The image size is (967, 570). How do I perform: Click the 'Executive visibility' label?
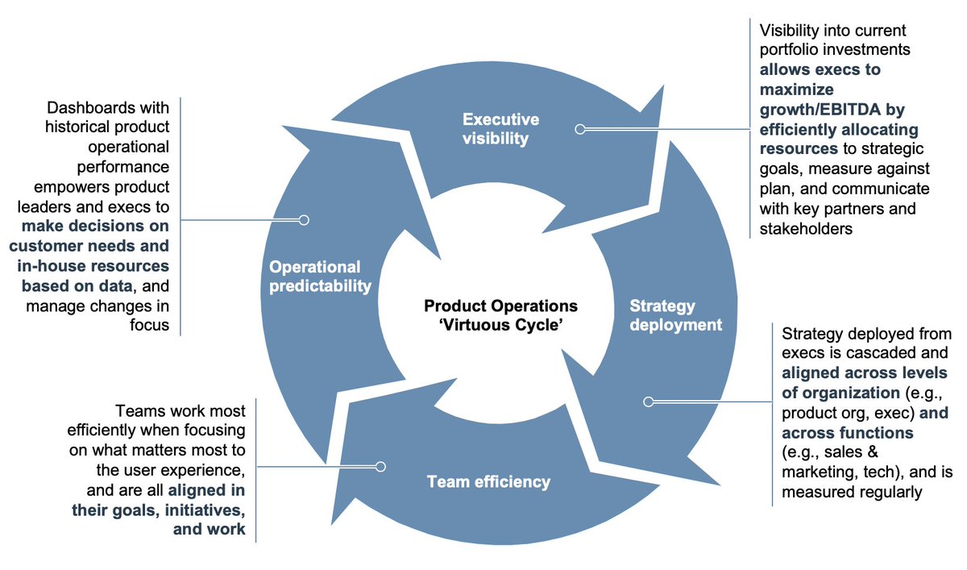[500, 129]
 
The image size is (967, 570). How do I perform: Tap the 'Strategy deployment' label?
[675, 315]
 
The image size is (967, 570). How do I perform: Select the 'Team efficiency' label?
[488, 482]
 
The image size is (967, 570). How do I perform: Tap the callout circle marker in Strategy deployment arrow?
[649, 401]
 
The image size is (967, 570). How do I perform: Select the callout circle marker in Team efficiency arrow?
[381, 466]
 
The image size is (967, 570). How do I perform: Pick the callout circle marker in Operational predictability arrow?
[304, 219]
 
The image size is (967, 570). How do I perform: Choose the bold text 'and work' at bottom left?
[210, 530]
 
